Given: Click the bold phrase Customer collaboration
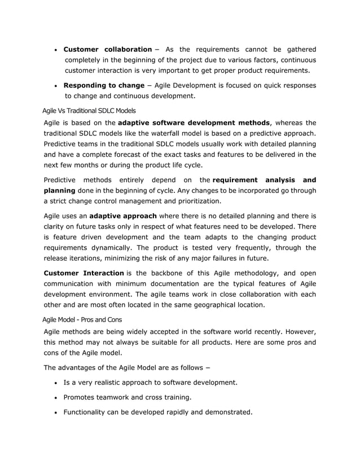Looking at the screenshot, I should [107, 50].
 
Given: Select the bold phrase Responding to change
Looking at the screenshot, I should [104, 85].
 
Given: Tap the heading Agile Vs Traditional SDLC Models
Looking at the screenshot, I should [90, 110].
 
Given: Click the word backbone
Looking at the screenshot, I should [166, 274].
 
